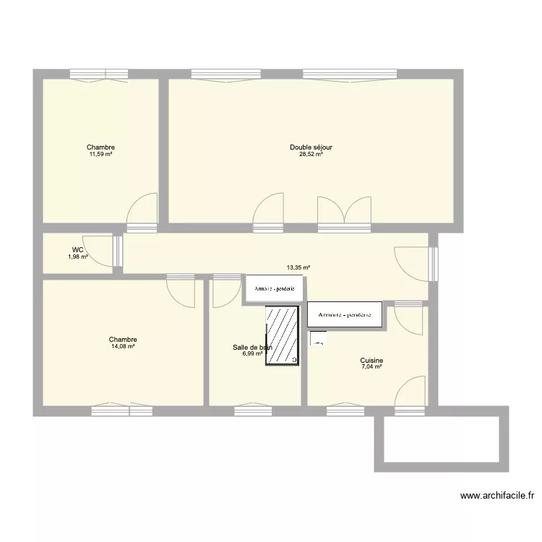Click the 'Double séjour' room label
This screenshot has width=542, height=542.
(x=311, y=147)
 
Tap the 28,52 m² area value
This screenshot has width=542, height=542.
(x=311, y=154)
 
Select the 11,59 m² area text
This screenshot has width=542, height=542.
(x=100, y=154)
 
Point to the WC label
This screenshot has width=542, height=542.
(x=77, y=249)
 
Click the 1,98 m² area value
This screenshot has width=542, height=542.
(x=78, y=257)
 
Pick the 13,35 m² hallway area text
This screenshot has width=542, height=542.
(x=298, y=267)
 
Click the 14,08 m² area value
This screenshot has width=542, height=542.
(x=123, y=347)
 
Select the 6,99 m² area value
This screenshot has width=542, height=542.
(x=252, y=354)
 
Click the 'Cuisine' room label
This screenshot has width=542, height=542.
(x=371, y=361)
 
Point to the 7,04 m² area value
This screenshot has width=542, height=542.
(x=371, y=367)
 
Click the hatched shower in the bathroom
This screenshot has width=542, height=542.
(x=283, y=335)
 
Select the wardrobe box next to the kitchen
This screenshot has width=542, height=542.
(x=345, y=314)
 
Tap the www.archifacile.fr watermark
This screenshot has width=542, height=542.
(x=498, y=496)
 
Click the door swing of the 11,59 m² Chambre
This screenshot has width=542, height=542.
(x=142, y=211)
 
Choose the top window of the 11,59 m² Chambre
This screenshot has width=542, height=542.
(x=99, y=74)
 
